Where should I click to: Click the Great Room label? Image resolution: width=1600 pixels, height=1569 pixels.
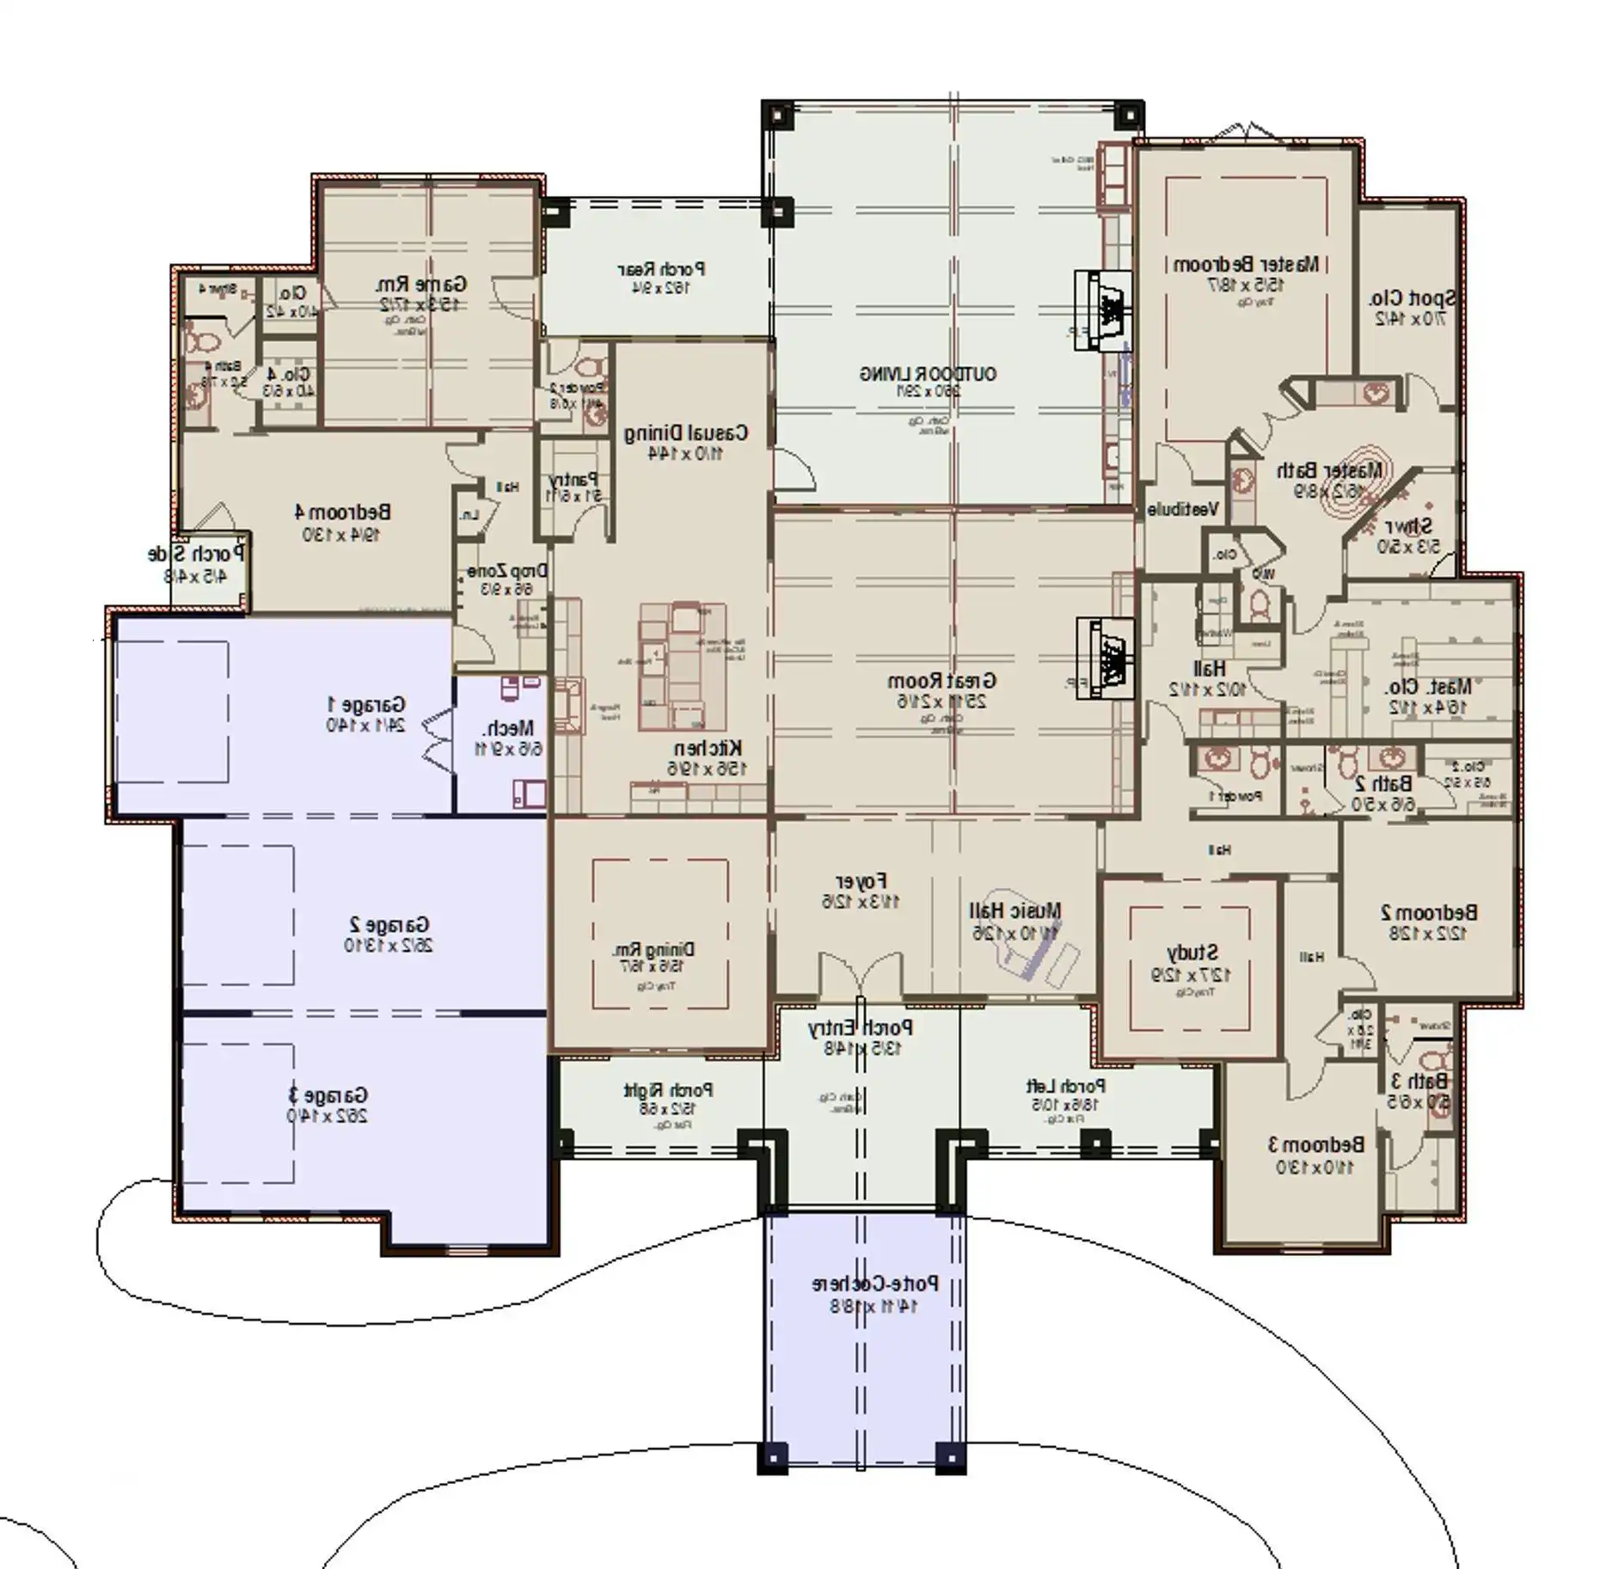[941, 681]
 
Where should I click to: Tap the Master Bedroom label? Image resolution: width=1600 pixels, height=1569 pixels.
[1246, 264]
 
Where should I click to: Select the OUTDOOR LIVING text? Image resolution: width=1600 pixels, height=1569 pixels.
[928, 374]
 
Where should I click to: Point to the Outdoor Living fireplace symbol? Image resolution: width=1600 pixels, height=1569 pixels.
[1103, 310]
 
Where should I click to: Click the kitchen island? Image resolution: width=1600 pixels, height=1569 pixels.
[683, 666]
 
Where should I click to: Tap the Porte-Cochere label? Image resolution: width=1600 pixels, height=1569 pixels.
[875, 1284]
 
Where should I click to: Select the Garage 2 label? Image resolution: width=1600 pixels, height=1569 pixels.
[389, 925]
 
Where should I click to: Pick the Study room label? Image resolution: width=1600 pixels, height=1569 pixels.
[1192, 953]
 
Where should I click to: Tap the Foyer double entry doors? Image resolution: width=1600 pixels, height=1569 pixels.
[860, 977]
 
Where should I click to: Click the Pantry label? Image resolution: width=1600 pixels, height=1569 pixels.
[573, 479]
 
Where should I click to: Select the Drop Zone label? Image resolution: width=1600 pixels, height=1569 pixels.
[507, 571]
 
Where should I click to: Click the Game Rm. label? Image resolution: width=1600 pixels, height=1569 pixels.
[420, 284]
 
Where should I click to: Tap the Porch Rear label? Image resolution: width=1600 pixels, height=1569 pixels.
[661, 269]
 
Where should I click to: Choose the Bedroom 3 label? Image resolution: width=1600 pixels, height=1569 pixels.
[1315, 1144]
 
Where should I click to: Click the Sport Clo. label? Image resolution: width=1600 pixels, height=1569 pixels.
[1412, 298]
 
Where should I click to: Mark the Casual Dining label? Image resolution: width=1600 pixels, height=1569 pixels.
[685, 432]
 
